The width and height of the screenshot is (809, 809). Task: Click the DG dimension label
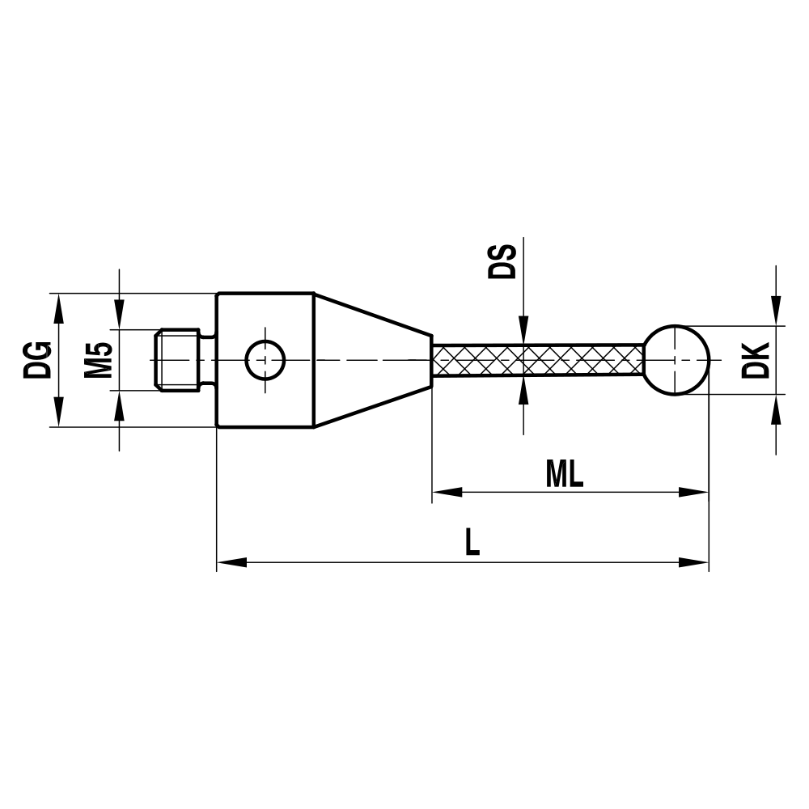[38, 360]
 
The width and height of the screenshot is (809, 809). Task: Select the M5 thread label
[98, 360]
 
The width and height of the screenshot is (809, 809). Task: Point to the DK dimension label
[755, 360]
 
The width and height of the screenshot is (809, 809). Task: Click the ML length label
[565, 476]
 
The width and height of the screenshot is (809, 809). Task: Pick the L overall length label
[472, 543]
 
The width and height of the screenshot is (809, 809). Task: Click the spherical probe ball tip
[676, 360]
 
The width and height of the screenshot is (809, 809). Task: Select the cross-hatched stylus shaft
[538, 360]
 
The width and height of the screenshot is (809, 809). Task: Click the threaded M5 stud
[178, 360]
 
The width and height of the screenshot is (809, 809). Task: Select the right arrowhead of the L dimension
[693, 561]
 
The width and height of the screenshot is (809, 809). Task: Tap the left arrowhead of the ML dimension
[447, 491]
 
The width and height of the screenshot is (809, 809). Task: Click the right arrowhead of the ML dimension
[693, 491]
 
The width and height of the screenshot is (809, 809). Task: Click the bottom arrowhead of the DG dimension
[58, 413]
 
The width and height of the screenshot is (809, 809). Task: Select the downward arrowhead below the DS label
[523, 332]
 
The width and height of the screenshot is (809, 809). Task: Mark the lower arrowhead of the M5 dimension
[120, 405]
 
